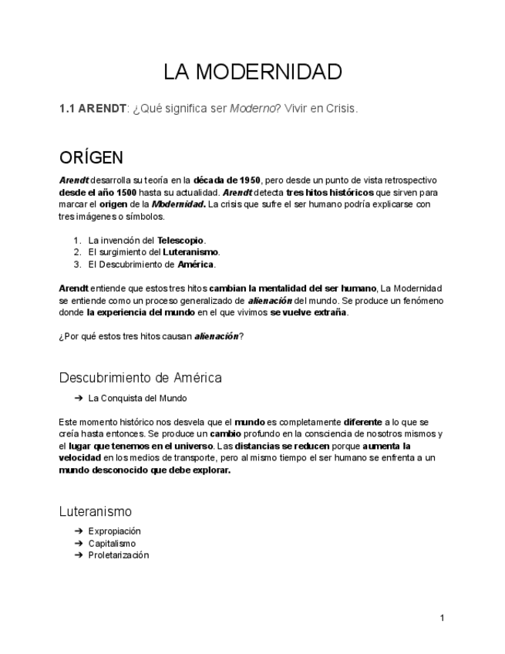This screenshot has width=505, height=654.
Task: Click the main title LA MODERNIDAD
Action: click(x=252, y=72)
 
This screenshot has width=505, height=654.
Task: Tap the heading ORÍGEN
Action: click(x=91, y=158)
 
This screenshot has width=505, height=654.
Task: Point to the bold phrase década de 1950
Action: click(x=227, y=180)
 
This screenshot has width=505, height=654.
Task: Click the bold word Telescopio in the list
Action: click(x=180, y=240)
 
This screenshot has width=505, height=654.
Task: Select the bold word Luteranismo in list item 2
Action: click(x=190, y=252)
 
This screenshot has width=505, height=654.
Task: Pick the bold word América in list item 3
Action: click(x=196, y=265)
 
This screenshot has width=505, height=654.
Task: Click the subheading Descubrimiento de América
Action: click(x=140, y=378)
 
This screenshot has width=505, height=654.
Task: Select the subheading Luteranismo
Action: click(x=96, y=511)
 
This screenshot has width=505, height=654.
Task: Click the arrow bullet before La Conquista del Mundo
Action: click(x=79, y=399)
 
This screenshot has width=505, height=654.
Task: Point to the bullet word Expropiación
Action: click(x=114, y=531)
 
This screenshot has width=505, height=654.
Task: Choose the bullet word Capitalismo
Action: click(x=112, y=544)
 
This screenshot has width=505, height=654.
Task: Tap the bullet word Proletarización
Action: click(x=118, y=555)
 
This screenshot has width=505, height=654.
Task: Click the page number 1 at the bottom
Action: click(x=443, y=618)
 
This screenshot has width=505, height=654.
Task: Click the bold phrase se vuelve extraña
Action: click(x=309, y=312)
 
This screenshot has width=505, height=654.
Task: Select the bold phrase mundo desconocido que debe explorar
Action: click(x=144, y=470)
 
